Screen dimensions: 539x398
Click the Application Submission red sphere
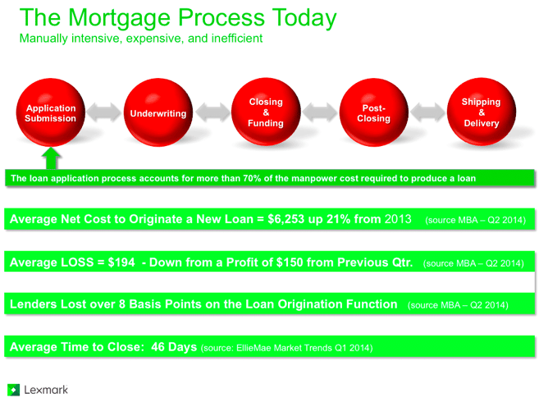[x=51, y=112]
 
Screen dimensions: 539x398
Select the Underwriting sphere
[x=158, y=112]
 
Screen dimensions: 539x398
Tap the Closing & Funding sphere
[x=266, y=112]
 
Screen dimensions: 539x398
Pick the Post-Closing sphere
[x=373, y=112]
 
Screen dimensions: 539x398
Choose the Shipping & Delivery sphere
[x=482, y=112]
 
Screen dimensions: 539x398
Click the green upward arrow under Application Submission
[x=51, y=158]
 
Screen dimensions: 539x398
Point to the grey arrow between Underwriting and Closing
[x=212, y=112]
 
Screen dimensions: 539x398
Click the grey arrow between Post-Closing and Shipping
[x=427, y=112]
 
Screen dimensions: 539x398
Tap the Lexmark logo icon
[x=13, y=390]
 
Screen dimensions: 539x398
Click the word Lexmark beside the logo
[x=46, y=390]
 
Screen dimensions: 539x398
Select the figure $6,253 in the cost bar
[x=286, y=219]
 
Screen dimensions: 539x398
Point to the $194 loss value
[x=121, y=263]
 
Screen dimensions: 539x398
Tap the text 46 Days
[x=174, y=347]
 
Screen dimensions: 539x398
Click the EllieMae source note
[x=286, y=348]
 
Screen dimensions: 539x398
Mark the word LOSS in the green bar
[x=77, y=263]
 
